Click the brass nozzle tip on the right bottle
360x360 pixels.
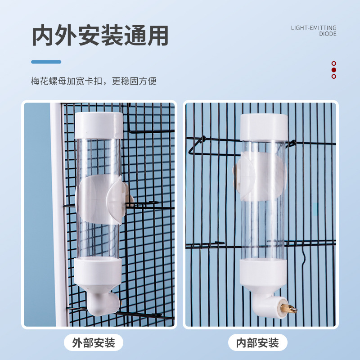coord(289,309)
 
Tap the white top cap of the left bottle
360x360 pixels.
coord(99,126)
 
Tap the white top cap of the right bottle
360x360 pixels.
coord(264,127)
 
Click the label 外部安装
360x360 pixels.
coord(94,342)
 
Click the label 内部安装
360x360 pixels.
coord(257,342)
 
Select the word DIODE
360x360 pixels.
coord(328,34)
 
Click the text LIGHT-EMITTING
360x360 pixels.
coord(314,28)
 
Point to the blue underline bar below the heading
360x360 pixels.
coord(46,62)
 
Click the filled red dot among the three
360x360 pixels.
coord(334,70)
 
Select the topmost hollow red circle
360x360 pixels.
coord(334,63)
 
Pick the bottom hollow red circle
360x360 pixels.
coord(334,76)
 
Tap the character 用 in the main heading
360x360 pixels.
coord(158,36)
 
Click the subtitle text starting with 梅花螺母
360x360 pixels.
coord(94,81)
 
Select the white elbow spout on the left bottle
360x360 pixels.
coord(104,303)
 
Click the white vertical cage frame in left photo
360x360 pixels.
coord(58,215)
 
